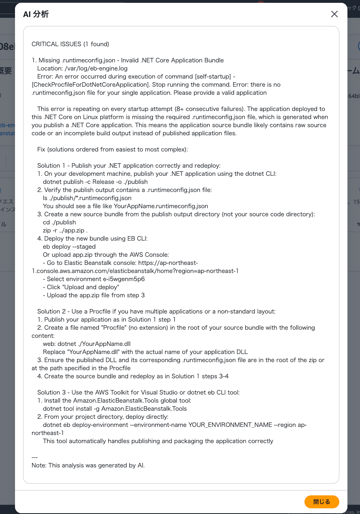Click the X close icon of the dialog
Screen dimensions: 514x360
tap(334, 14)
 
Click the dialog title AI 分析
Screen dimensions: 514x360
tap(36, 15)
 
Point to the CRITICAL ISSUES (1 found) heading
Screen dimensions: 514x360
tap(70, 44)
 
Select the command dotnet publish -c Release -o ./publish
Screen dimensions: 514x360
tap(95, 182)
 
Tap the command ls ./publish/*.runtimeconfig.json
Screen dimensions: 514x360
tap(87, 198)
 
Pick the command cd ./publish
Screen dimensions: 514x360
tap(59, 222)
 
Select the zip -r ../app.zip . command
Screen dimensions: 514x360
tap(65, 230)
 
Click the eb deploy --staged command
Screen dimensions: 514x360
tap(69, 247)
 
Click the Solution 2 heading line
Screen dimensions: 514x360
tap(156, 311)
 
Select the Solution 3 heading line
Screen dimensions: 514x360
tap(138, 392)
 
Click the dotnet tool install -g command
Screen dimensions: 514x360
tap(115, 409)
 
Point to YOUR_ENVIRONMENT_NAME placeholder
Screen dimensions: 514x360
tap(230, 425)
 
